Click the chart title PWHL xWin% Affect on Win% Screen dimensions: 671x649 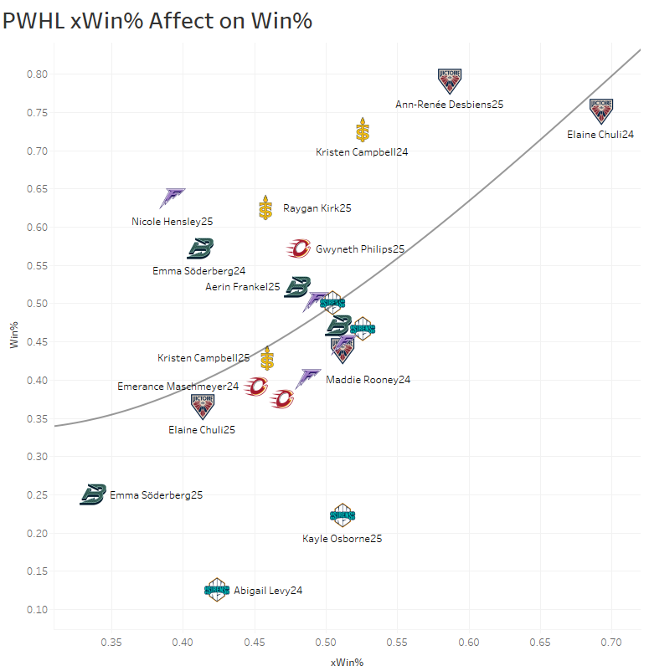tap(157, 21)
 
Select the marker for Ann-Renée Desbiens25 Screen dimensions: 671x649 tap(450, 80)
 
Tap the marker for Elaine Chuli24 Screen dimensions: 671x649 tap(601, 110)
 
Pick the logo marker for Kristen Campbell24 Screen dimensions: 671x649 tap(362, 130)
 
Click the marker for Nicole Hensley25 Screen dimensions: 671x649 tap(173, 197)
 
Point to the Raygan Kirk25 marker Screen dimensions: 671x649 tap(265, 207)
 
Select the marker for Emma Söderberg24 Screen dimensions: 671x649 tap(201, 248)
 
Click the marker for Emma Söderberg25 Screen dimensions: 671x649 tap(93, 494)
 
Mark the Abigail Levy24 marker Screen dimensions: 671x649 tap(217, 590)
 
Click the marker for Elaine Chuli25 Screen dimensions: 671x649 tap(203, 406)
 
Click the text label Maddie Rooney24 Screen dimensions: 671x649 tap(368, 380)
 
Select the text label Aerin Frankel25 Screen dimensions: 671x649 tap(243, 287)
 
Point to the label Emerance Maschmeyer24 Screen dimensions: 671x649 tap(178, 387)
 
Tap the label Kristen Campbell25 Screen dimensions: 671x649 tap(203, 358)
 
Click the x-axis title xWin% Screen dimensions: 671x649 tap(347, 662)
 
